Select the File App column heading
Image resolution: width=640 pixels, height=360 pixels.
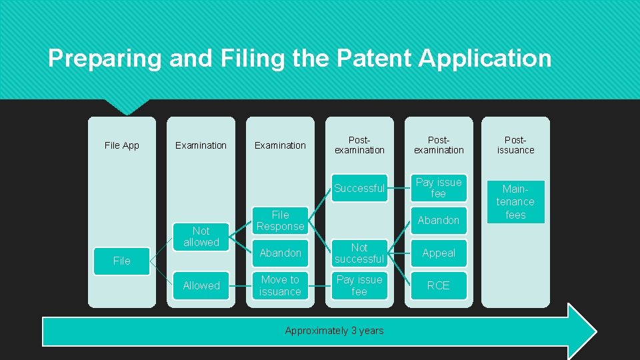click(x=122, y=145)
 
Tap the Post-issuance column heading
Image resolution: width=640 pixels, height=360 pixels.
click(x=515, y=145)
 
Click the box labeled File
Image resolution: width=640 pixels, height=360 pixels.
click(x=122, y=261)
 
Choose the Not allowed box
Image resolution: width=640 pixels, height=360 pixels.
click(x=201, y=237)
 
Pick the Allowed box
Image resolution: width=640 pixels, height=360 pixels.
click(x=201, y=285)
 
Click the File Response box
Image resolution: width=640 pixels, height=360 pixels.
click(x=280, y=221)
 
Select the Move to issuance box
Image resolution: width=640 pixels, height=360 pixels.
click(x=280, y=285)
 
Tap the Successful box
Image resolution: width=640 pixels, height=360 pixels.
click(x=359, y=188)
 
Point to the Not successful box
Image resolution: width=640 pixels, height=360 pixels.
click(x=359, y=253)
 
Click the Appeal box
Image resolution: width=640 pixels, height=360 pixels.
click(x=439, y=253)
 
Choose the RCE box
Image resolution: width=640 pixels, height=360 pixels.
click(x=439, y=285)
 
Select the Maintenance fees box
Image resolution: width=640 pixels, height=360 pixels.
click(x=515, y=201)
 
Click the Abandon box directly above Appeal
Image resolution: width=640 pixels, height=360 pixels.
click(x=439, y=221)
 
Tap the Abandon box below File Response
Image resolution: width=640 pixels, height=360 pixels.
click(x=280, y=253)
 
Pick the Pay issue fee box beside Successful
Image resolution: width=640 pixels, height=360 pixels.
click(x=439, y=188)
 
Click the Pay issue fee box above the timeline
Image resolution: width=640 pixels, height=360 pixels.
click(x=359, y=285)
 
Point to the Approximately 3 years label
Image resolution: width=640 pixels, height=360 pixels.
click(x=334, y=331)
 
